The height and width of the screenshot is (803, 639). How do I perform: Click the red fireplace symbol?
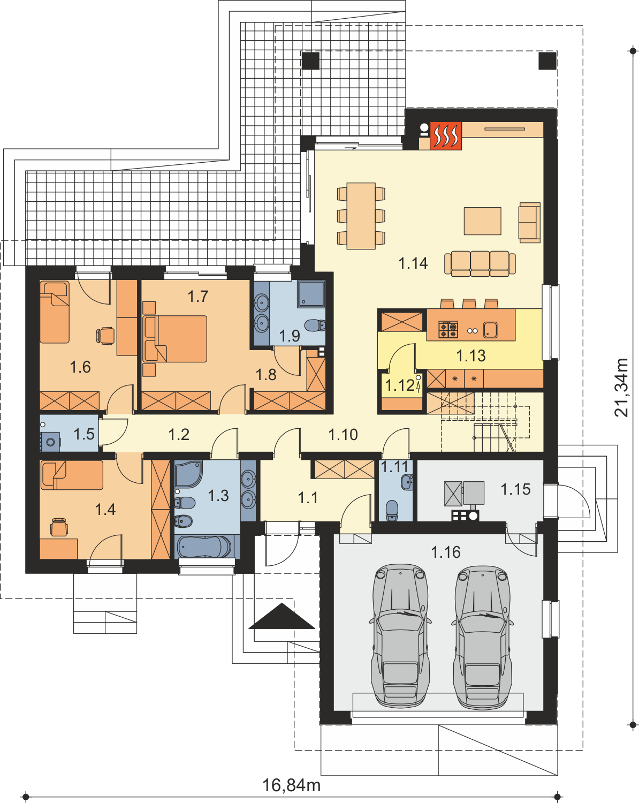coord(446,136)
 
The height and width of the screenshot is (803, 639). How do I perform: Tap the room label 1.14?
coord(413,263)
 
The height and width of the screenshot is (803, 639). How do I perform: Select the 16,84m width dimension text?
coord(292,785)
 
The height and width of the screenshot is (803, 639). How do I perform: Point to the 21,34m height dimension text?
coord(621,388)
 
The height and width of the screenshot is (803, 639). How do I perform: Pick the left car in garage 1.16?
coord(400,637)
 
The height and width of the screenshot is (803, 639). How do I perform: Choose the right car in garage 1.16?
coord(482,638)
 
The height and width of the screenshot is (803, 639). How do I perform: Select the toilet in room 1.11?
coord(392,510)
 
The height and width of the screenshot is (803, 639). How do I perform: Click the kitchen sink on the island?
coord(490,329)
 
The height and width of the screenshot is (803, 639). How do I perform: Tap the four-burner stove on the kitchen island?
coord(448,329)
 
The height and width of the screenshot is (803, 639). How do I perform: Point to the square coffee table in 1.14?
coord(482,221)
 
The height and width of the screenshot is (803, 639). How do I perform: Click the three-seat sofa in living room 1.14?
coord(480,263)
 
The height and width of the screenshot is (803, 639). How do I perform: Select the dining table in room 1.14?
coord(361,216)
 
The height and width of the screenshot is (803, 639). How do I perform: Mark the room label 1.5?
coord(84,434)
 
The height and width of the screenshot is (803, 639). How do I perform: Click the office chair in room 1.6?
coord(105,335)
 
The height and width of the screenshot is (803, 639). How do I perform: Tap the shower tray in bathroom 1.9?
coord(311,294)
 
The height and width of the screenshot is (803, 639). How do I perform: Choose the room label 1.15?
coord(515,489)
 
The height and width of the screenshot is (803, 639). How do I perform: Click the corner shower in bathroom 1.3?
coord(188,474)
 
